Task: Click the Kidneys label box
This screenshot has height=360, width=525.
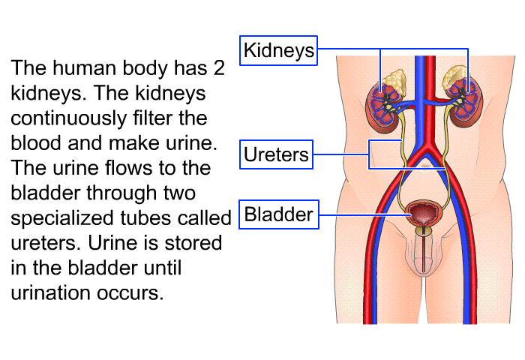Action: (x=279, y=50)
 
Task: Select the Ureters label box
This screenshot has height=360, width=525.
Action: (x=276, y=155)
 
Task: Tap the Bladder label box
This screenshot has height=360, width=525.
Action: (x=278, y=215)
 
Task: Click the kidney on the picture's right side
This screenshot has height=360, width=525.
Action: (x=463, y=101)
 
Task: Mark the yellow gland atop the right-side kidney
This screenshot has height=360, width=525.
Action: (x=455, y=78)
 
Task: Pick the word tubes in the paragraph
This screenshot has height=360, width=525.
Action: (x=146, y=218)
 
